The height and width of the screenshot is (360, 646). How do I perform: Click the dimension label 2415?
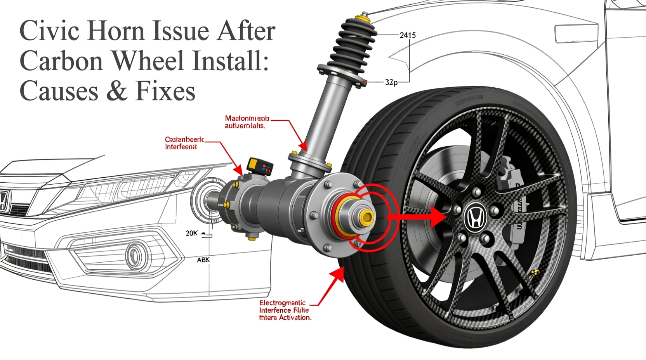point(407,35)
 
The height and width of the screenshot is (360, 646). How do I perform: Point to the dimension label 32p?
point(391,82)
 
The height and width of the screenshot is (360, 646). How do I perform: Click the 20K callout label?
point(191,233)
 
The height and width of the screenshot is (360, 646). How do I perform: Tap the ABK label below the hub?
point(203,260)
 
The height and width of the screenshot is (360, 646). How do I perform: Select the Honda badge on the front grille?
point(3,201)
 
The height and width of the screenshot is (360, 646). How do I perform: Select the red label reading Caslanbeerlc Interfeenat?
point(184,143)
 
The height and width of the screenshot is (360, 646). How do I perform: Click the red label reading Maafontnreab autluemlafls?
point(247,122)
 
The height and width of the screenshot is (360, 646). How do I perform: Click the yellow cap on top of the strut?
point(364,16)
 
